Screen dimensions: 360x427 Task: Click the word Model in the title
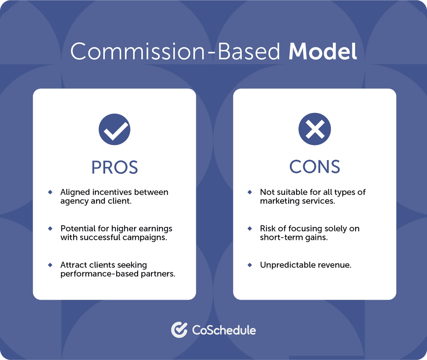tap(322, 51)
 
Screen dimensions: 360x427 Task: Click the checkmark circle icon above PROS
tap(114, 129)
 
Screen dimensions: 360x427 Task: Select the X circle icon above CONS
tap(314, 129)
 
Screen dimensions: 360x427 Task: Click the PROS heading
tap(114, 167)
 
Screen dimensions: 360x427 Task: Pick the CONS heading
tap(314, 167)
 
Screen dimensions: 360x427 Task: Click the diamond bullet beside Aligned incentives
tap(50, 192)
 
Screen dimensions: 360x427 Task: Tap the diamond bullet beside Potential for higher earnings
tap(50, 228)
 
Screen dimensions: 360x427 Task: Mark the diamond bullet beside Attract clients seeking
tap(50, 265)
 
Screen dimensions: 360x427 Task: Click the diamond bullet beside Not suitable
tap(250, 192)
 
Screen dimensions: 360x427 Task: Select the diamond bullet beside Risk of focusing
tap(250, 228)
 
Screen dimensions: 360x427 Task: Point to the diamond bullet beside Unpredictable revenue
tap(250, 265)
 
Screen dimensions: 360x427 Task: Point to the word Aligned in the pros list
tap(75, 192)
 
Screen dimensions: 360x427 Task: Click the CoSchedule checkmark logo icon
tap(179, 330)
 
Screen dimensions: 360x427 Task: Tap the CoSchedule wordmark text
tap(224, 330)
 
